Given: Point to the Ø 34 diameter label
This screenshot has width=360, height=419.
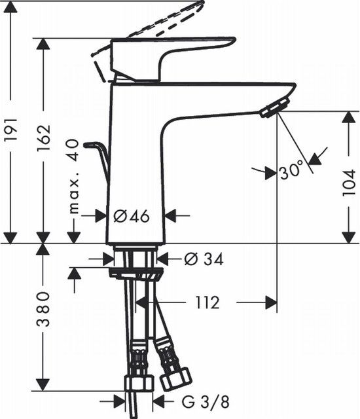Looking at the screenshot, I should click(x=204, y=259).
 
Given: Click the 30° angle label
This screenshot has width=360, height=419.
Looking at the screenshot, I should click(x=291, y=172).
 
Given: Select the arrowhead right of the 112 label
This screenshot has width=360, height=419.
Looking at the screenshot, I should click(x=268, y=302).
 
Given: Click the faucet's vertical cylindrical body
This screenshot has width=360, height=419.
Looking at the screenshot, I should click(x=135, y=164).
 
